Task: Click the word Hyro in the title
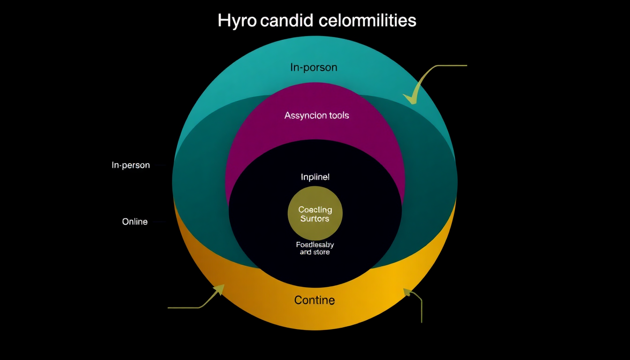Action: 237,21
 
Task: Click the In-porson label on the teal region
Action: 314,67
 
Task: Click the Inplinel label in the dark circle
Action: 315,177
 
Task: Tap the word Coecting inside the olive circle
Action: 315,210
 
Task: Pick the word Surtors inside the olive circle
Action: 315,219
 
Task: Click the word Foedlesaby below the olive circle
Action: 315,245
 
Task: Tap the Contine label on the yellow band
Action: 315,300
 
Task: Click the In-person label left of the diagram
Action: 131,165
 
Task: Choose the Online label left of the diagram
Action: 135,222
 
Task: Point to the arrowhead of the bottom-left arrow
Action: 218,289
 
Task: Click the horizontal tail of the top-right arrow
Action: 452,66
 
